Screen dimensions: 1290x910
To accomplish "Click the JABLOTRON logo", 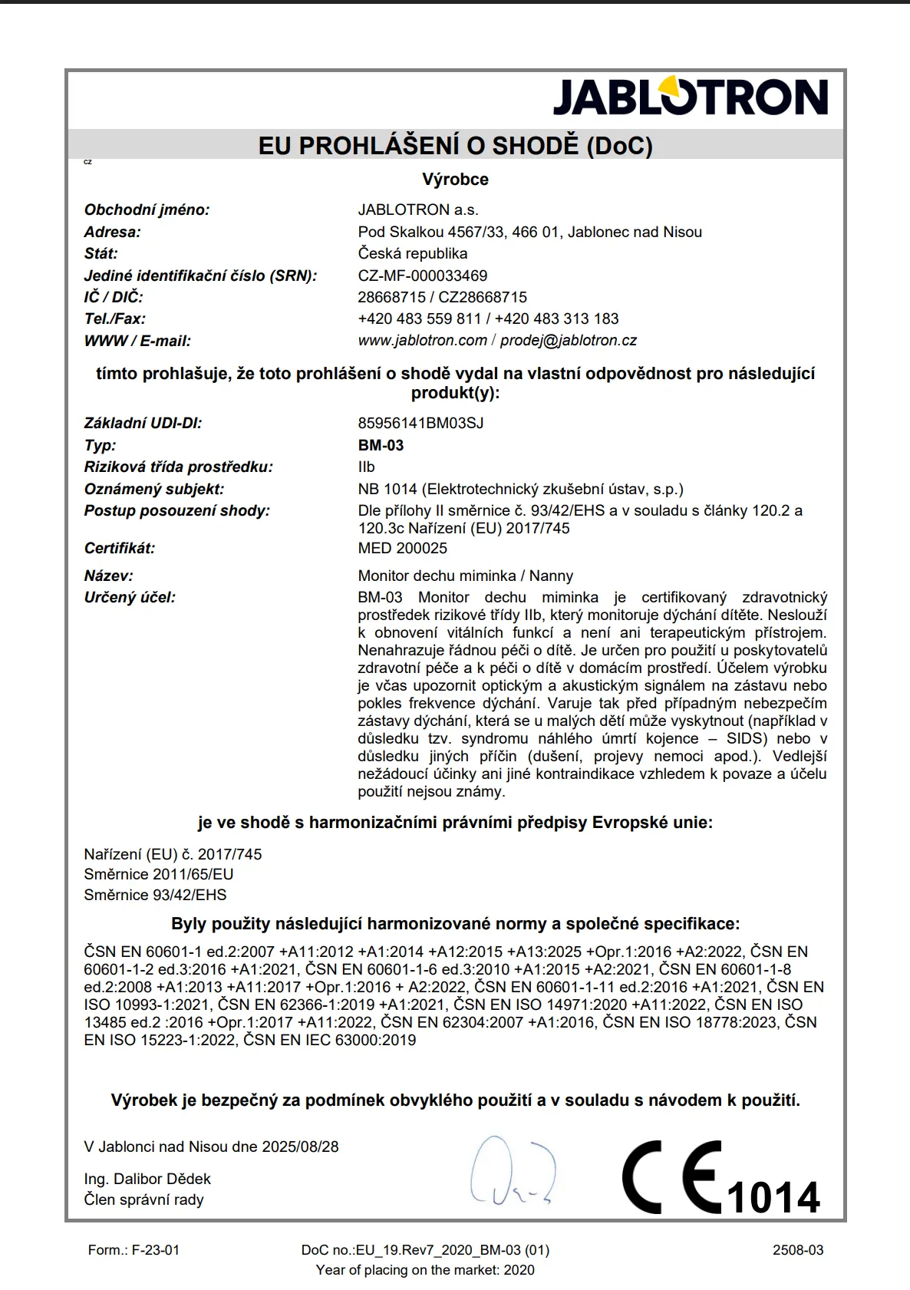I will tap(690, 97).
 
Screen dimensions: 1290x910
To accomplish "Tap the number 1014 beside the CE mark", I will tap(773, 1197).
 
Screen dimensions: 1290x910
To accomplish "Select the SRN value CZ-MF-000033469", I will tap(422, 275).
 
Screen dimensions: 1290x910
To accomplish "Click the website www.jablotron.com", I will tap(422, 340).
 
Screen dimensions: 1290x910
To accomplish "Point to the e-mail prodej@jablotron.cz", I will tap(569, 340).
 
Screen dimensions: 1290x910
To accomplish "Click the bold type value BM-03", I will tap(381, 445).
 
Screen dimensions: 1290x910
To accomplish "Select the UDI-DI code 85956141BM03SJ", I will tap(420, 423).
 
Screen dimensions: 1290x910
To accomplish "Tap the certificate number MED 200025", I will tap(402, 548).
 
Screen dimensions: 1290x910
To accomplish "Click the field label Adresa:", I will tap(112, 232).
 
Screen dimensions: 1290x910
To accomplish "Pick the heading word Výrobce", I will tap(455, 180).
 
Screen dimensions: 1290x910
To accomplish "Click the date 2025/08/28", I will tap(300, 1146).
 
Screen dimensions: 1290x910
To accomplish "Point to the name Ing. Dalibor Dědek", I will tap(147, 1179).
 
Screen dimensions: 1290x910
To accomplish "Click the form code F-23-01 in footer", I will tap(155, 1250).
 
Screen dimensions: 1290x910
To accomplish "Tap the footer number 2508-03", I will tap(798, 1250).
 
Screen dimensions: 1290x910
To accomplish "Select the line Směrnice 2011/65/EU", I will tap(158, 874).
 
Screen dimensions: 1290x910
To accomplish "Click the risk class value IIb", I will tap(366, 467).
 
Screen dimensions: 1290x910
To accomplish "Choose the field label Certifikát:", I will tap(119, 548).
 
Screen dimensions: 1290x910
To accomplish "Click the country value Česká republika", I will tap(412, 253).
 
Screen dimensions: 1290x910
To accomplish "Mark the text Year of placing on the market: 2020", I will tap(425, 1270).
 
